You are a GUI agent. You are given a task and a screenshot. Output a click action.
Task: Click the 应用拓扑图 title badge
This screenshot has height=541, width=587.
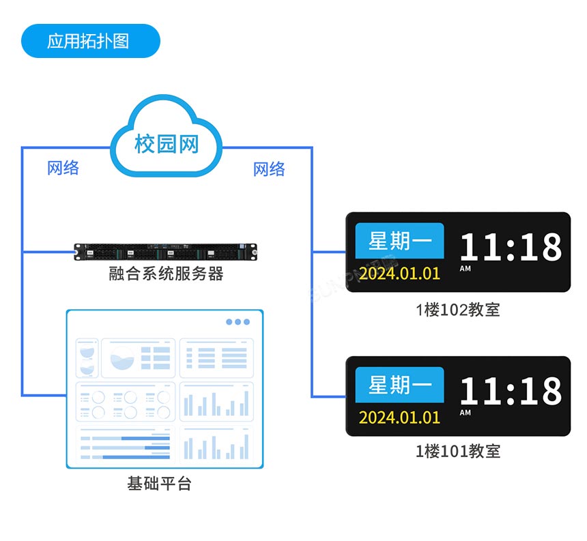[90, 41]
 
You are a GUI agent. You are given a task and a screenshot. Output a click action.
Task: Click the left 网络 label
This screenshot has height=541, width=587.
[63, 168]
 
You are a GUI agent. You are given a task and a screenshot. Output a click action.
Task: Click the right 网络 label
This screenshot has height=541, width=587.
[269, 169]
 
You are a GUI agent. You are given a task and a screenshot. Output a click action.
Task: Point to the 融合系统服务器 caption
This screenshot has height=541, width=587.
[166, 274]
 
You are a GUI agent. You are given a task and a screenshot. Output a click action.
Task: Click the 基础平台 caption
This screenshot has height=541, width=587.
[159, 484]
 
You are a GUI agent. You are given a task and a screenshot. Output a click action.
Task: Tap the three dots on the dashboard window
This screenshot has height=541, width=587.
[238, 322]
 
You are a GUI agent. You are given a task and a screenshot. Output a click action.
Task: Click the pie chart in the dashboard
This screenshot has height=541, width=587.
[122, 357]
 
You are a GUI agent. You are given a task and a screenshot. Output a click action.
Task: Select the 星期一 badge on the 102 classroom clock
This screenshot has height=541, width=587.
[399, 241]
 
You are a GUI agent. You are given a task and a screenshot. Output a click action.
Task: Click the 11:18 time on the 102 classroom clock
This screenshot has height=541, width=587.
[510, 247]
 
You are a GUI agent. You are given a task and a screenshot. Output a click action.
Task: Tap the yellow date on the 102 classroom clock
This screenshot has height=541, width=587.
[399, 274]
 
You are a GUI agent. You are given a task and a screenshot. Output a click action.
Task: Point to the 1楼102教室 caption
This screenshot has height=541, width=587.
[458, 310]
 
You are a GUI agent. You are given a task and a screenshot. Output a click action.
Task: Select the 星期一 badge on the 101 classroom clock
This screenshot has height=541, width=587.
[399, 385]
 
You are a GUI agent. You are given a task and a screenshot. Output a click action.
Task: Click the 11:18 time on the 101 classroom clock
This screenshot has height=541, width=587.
[510, 392]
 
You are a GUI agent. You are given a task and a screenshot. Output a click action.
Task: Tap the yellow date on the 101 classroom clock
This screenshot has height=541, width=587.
[399, 418]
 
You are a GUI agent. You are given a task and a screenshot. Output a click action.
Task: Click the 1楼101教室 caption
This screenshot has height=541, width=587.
[458, 451]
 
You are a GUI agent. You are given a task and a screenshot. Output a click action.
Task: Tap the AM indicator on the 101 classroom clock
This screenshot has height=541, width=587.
[465, 413]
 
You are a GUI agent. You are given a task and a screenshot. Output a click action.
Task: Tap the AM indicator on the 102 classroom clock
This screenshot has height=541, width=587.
[465, 269]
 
